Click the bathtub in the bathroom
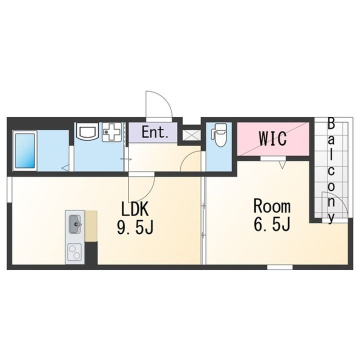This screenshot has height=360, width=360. (x=25, y=150)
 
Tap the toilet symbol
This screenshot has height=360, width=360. (x=219, y=135)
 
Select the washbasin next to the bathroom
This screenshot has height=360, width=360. (x=87, y=131)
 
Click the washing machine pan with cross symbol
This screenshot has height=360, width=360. (x=112, y=132)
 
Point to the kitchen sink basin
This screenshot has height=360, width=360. (x=75, y=224)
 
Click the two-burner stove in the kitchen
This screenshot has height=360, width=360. (x=75, y=252)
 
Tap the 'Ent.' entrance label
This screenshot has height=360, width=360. (x=155, y=132)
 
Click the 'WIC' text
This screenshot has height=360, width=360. (x=273, y=138)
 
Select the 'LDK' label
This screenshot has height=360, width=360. (x=135, y=208)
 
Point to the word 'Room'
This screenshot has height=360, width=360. (x=272, y=206)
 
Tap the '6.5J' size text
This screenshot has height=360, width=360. (x=272, y=224)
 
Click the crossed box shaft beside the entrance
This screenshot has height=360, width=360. (x=191, y=135)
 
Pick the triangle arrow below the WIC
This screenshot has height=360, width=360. (x=282, y=164)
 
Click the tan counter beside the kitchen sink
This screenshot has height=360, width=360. (x=91, y=225)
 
